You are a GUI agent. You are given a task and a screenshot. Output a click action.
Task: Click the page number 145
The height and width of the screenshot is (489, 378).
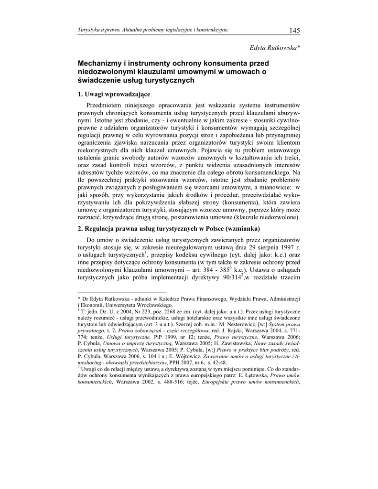tap(294, 31)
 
